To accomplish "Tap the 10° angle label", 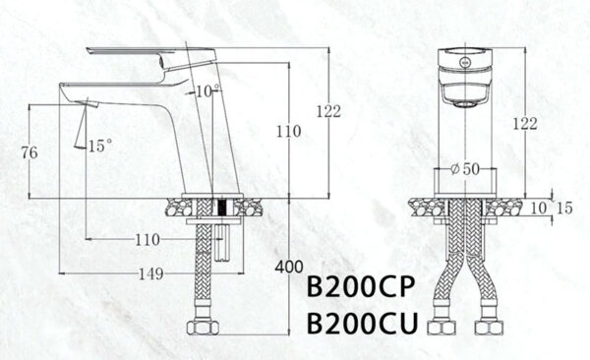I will pyautogui.click(x=207, y=91).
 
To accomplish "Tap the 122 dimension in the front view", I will pyautogui.click(x=526, y=123).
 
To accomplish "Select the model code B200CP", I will pyautogui.click(x=363, y=287).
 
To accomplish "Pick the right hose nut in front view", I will pyautogui.click(x=488, y=326).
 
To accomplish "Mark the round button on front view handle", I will pyautogui.click(x=463, y=59).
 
